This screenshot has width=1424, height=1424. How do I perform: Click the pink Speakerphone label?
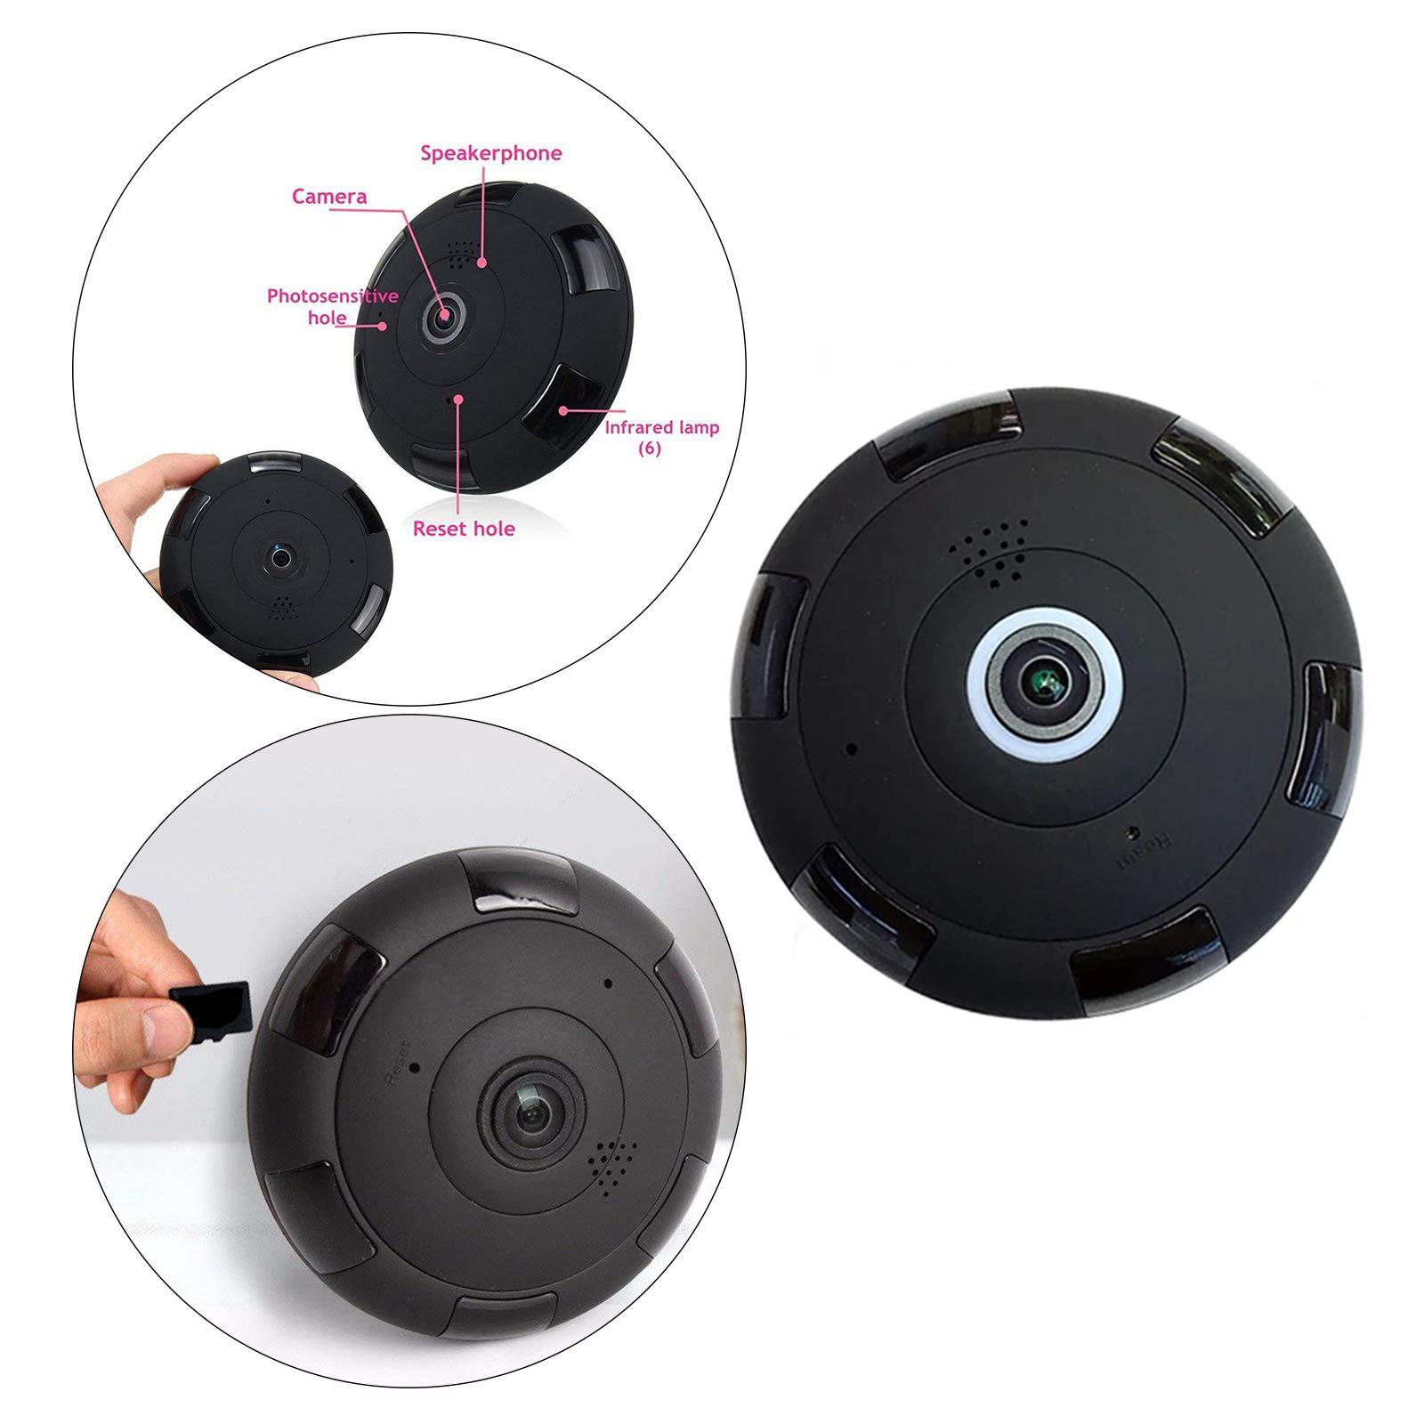click(491, 153)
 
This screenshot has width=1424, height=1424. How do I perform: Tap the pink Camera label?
click(329, 197)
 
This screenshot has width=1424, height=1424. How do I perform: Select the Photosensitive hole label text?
click(332, 306)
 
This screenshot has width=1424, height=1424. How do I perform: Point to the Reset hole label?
click(464, 529)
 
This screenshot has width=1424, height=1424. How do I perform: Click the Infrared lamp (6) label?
click(662, 436)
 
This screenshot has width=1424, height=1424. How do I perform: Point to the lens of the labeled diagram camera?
click(442, 314)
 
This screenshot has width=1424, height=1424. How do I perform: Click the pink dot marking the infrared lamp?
click(563, 410)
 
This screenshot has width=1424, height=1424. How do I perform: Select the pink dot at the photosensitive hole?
click(383, 326)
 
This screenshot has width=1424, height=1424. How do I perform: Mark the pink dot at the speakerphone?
click(481, 262)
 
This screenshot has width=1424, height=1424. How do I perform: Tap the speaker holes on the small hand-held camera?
click(282, 607)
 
